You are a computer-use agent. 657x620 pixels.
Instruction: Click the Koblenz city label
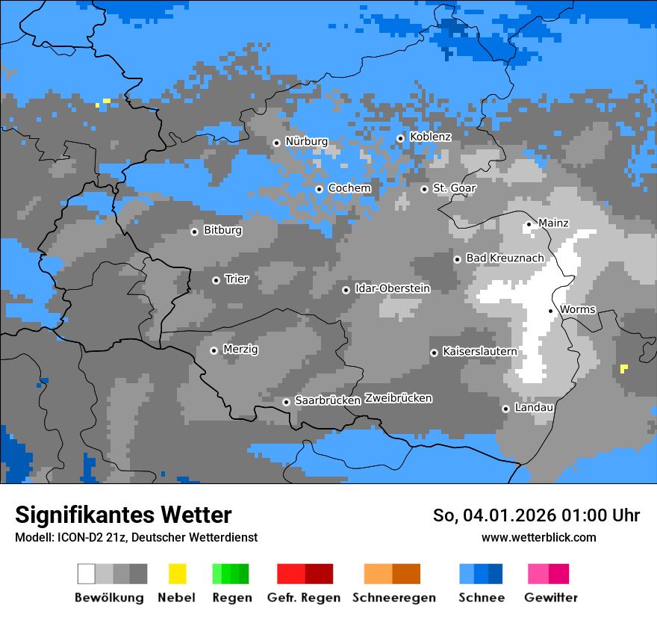point(430,137)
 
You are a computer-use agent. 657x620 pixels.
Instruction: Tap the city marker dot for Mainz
point(529,224)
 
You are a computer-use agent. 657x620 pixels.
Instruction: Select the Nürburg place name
point(306,142)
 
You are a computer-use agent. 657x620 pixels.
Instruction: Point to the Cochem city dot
point(319,189)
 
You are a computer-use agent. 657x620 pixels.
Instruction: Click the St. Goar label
point(454,188)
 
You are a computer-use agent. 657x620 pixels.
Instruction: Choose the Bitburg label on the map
point(222,231)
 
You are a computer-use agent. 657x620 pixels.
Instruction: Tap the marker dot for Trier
point(216,281)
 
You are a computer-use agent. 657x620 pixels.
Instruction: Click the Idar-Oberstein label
point(392,289)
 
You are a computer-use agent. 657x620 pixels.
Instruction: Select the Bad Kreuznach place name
point(505,258)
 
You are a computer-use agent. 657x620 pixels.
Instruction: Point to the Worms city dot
point(550,311)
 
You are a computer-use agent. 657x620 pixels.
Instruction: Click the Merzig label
point(240,350)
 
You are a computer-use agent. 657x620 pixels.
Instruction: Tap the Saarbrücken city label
point(328,401)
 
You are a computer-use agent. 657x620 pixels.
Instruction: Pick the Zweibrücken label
point(399,399)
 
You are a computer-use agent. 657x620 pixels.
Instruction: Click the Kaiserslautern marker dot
point(434,353)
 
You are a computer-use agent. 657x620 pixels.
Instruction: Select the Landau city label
point(534,408)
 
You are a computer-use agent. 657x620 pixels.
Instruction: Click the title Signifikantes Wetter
point(123,515)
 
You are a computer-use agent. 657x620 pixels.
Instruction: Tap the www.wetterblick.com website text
point(538,537)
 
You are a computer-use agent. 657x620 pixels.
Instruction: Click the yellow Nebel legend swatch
point(177,574)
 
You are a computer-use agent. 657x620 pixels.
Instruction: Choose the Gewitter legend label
point(551,598)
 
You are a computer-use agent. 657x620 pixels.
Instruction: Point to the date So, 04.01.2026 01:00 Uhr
point(536,515)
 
